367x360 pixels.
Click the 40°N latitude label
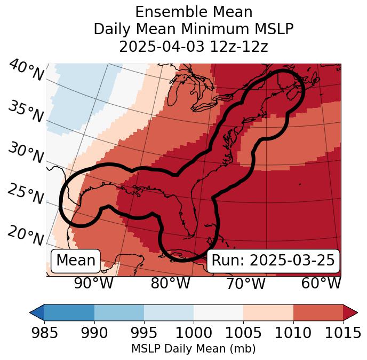pos(26,71)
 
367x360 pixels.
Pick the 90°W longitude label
pos(94,283)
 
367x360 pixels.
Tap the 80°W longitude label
pos(170,283)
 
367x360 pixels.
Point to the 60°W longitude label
pos(321,283)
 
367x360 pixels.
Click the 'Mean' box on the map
pos(76,261)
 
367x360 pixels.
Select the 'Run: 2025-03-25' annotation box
pos(273,261)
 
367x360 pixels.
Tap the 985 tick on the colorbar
pos(44,333)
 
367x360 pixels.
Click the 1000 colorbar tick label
pos(194,333)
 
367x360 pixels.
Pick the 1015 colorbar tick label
pos(343,333)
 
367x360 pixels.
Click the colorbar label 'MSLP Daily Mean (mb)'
pos(193,349)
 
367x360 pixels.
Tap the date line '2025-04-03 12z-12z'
pos(193,46)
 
